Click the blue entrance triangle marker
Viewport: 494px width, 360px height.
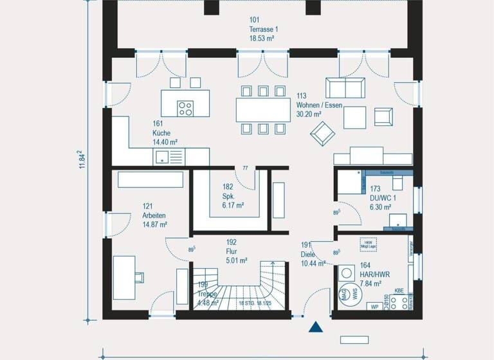[315, 327]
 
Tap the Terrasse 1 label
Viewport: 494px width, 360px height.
[264, 30]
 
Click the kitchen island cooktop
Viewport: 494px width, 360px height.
[187, 108]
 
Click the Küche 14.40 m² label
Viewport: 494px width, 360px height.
[165, 132]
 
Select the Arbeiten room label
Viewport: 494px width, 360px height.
[154, 215]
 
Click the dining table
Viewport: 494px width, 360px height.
[262, 109]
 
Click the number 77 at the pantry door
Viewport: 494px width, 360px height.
[245, 168]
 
